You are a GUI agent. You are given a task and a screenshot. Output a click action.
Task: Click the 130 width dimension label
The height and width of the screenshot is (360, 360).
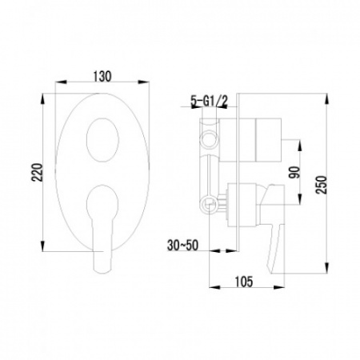tap(102, 77)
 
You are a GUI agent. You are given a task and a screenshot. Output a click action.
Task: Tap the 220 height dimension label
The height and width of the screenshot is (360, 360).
tap(38, 172)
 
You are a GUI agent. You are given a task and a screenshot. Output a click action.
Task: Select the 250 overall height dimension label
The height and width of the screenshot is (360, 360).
tap(321, 185)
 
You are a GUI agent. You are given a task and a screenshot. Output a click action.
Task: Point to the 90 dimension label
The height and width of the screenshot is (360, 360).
tap(294, 172)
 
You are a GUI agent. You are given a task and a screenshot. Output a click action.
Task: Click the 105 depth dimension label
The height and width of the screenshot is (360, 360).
tap(244, 282)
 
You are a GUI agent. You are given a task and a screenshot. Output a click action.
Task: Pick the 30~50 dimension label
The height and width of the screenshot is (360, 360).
tap(182, 246)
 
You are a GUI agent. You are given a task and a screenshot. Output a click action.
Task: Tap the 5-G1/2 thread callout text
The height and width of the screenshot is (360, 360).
tap(209, 101)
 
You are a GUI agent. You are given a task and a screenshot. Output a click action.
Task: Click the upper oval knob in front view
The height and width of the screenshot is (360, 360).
tap(102, 140)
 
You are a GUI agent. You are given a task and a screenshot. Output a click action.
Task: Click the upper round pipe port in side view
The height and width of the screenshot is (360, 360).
tap(209, 139)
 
